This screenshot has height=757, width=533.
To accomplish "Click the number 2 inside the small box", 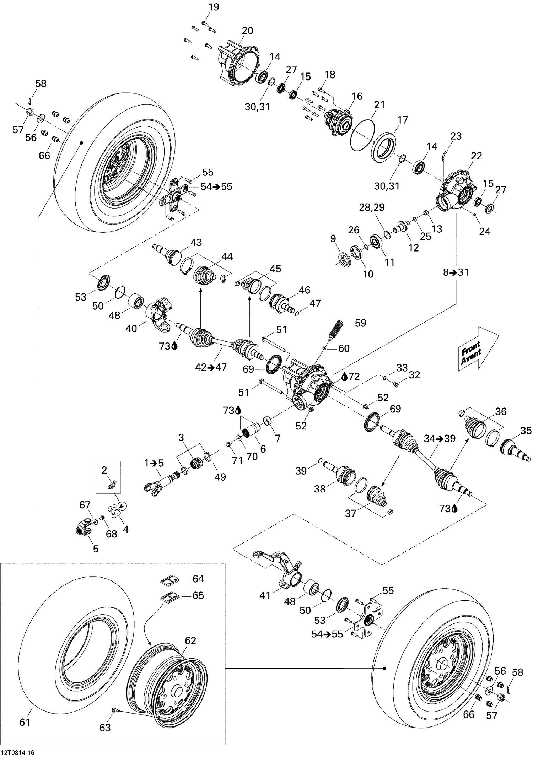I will tap(104, 470).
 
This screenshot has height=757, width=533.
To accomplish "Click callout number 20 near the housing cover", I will tap(247, 31).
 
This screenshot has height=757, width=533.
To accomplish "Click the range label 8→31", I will tap(456, 272).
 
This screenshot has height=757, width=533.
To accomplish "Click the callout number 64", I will tap(198, 579).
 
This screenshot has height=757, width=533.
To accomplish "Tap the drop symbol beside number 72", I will tap(344, 377).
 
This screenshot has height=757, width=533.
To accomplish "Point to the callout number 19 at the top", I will tap(214, 7).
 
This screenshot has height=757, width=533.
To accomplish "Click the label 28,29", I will tap(372, 207).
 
